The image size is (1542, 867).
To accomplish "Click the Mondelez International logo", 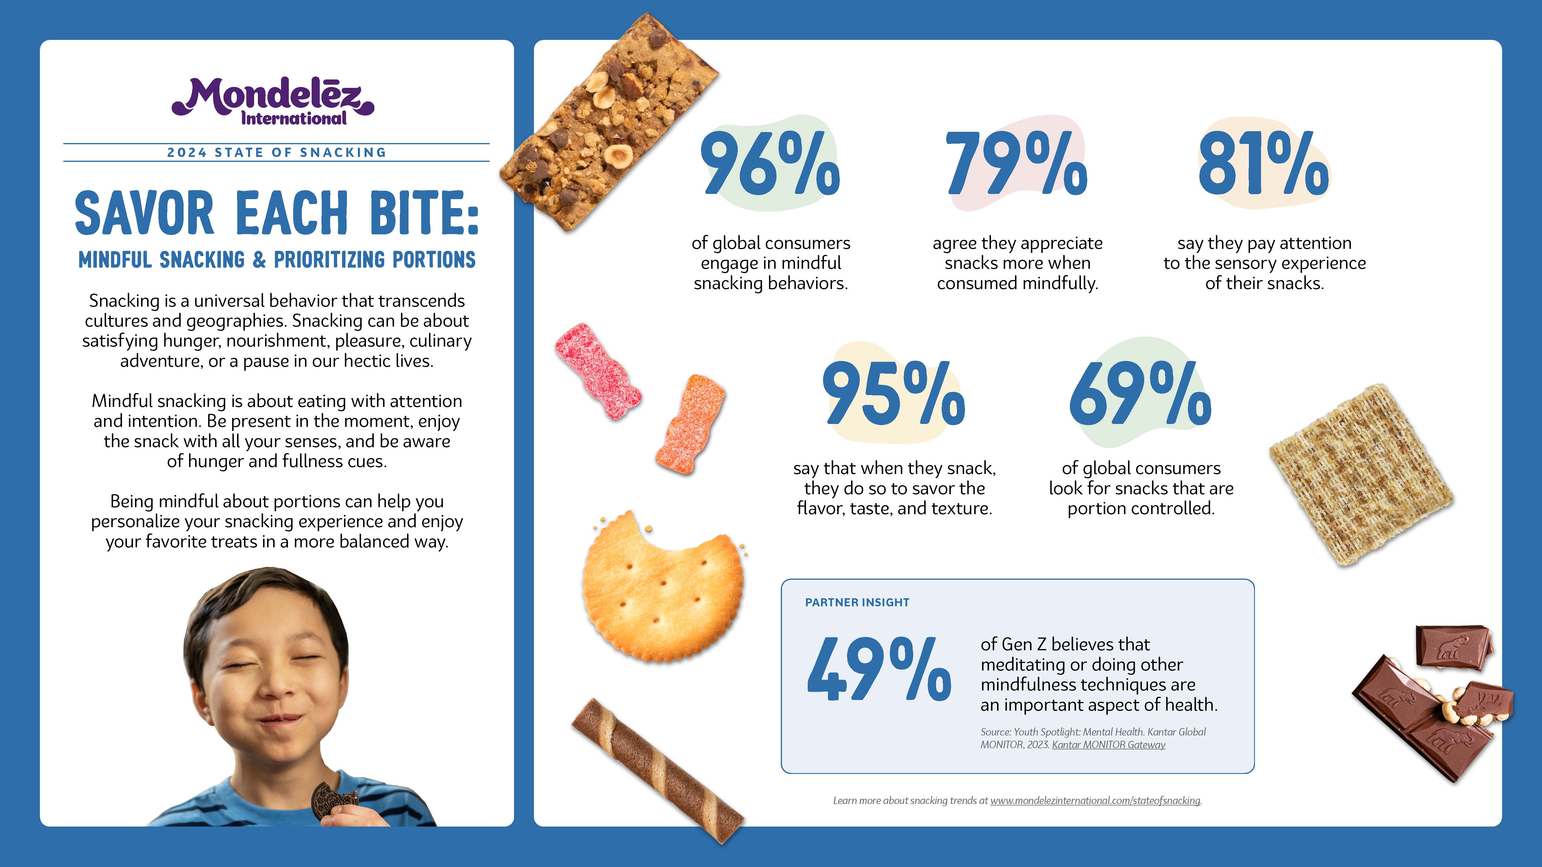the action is coord(273,102).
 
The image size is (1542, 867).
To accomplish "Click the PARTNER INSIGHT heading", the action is coord(857,603).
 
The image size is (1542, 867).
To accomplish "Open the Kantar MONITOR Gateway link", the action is coord(1109,745).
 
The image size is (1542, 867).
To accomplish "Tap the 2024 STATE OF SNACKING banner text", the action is coord(277,153).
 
